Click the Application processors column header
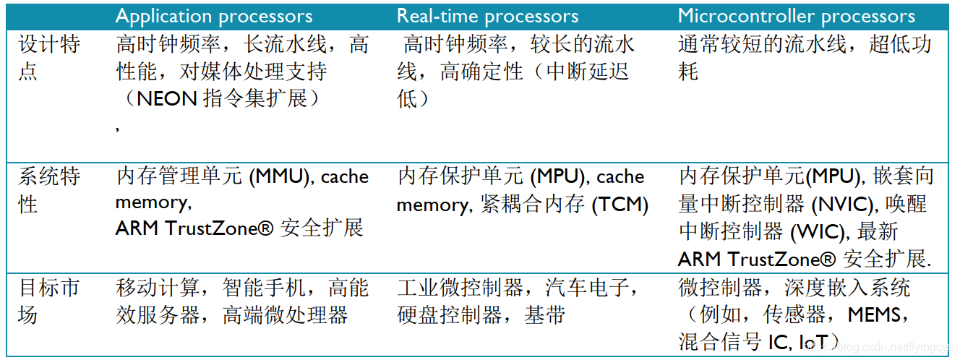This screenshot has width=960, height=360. pos(214,17)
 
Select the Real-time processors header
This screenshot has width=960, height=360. pos(487,17)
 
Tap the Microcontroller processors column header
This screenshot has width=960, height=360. pos(796,17)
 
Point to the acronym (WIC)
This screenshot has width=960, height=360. pos(821,232)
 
